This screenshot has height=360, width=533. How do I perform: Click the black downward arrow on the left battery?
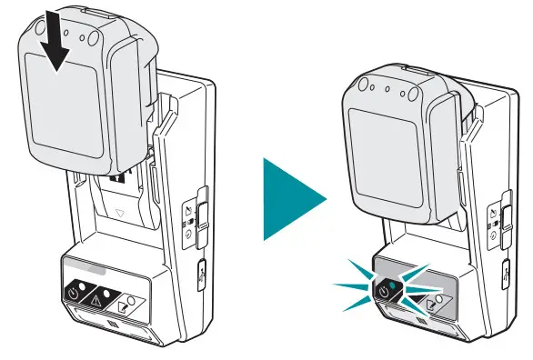pos(55,45)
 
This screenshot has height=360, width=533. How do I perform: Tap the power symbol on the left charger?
pos(74,294)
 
